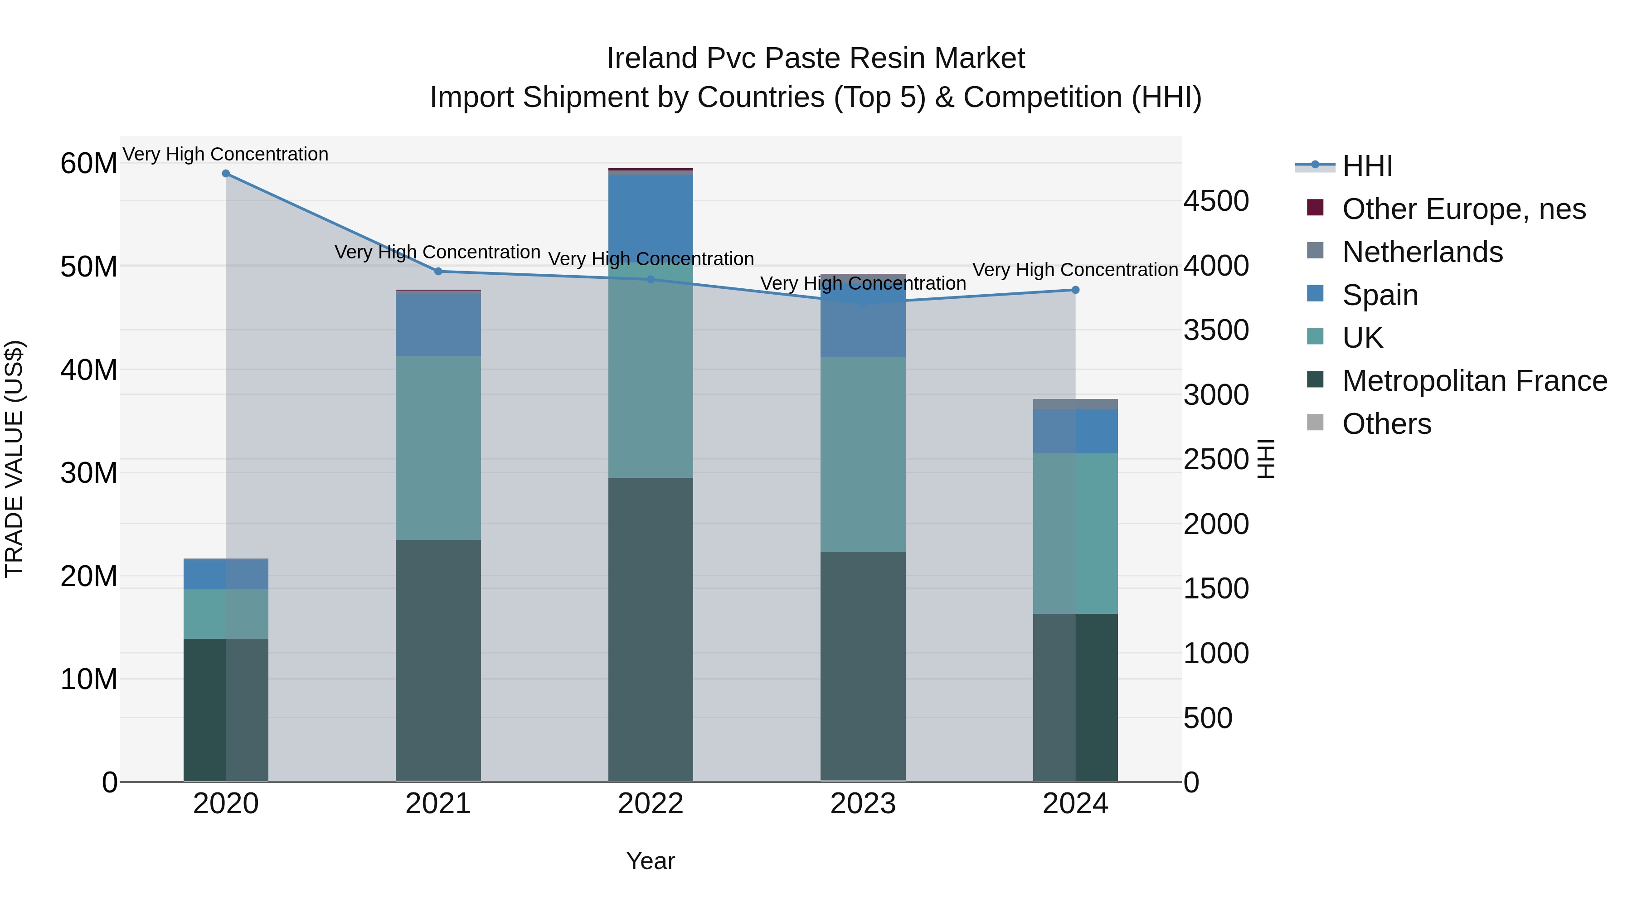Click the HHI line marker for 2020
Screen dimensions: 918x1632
click(x=226, y=174)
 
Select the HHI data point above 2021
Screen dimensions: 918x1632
click(x=438, y=271)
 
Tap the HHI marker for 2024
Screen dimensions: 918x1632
click(x=1075, y=290)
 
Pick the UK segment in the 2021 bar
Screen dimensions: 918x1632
click(x=438, y=447)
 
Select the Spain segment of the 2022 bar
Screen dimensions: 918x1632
click(x=650, y=215)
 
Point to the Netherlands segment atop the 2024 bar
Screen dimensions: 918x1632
click(x=1075, y=404)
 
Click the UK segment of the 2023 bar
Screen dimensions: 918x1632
click(x=863, y=454)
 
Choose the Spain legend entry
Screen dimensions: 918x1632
click(x=1380, y=295)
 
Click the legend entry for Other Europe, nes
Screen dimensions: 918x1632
click(x=1463, y=209)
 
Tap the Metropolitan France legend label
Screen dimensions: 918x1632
click(x=1474, y=381)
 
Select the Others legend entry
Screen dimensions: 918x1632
click(x=1386, y=424)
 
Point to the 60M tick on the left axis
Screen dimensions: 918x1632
click(x=89, y=164)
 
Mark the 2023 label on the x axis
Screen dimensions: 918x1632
click(x=863, y=804)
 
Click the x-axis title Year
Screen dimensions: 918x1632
click(x=650, y=861)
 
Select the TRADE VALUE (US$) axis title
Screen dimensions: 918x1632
click(x=14, y=459)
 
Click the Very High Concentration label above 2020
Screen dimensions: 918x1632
click(x=226, y=154)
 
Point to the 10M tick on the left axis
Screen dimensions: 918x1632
click(x=89, y=679)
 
